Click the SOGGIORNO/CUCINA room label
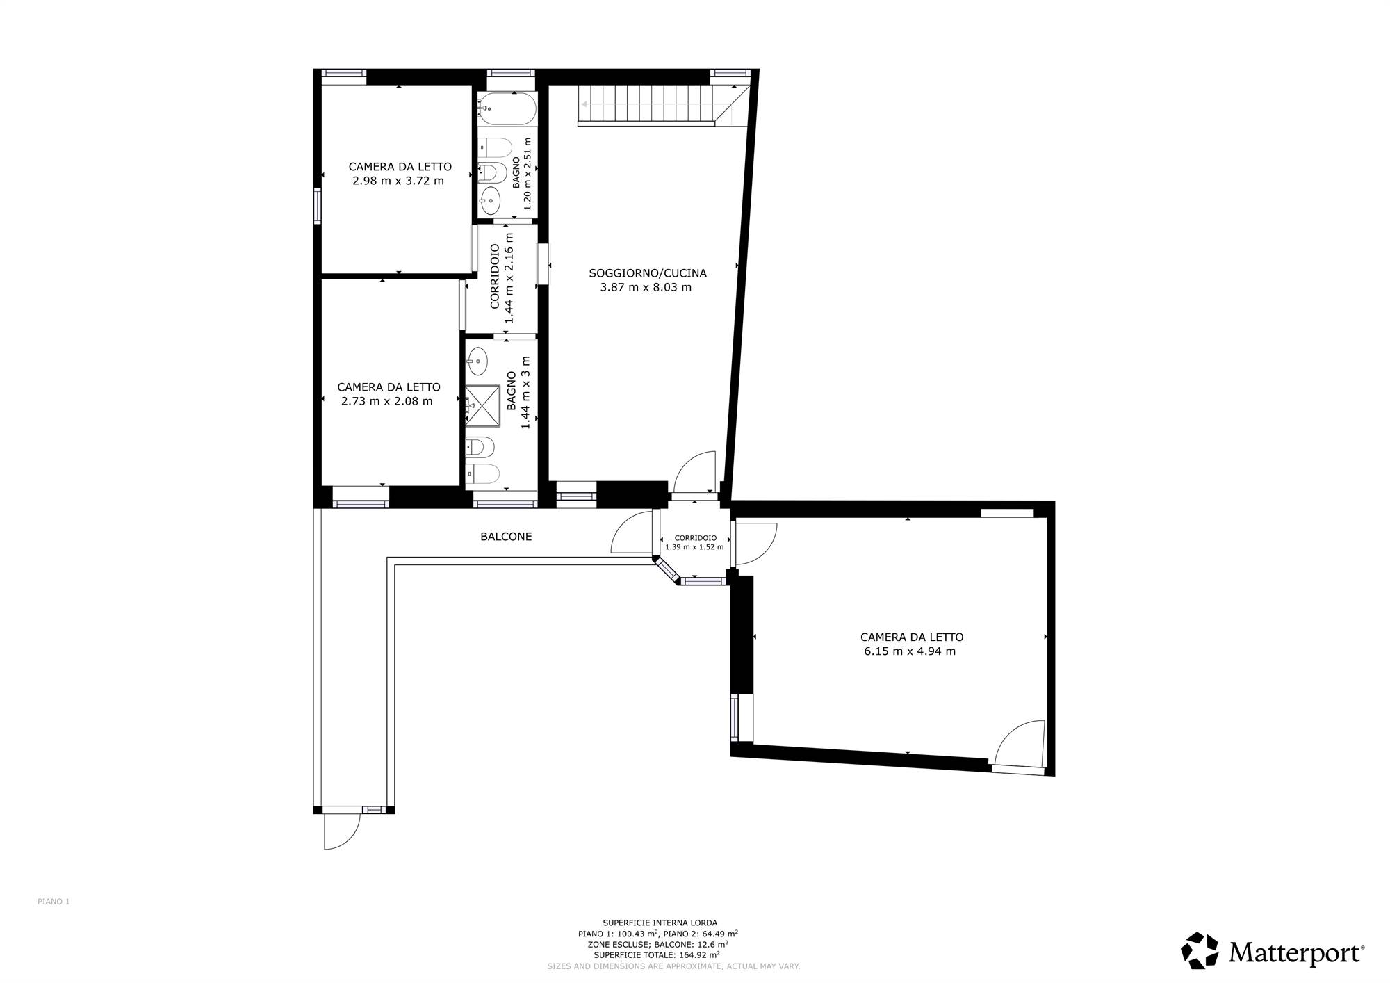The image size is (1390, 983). pyautogui.click(x=648, y=273)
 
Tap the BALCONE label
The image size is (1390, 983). pyautogui.click(x=506, y=537)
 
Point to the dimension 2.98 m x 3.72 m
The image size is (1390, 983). pyautogui.click(x=398, y=181)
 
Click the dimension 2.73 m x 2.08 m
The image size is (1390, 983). pyautogui.click(x=387, y=401)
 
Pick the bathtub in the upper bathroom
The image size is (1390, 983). pyautogui.click(x=507, y=108)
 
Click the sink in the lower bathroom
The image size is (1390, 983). pyautogui.click(x=477, y=361)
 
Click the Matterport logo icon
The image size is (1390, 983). pyautogui.click(x=1200, y=950)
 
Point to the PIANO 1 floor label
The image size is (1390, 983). pyautogui.click(x=54, y=902)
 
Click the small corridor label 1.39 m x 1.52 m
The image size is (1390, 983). pyautogui.click(x=694, y=547)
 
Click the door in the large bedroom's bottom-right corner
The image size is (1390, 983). pyautogui.click(x=1020, y=747)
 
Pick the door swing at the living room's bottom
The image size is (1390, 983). pyautogui.click(x=694, y=473)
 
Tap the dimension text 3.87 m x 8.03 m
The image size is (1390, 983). pyautogui.click(x=646, y=287)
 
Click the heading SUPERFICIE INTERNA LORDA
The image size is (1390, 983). pyautogui.click(x=660, y=923)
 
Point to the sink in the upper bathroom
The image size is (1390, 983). pyautogui.click(x=491, y=200)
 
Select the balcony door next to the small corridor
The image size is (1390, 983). pyautogui.click(x=632, y=532)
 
